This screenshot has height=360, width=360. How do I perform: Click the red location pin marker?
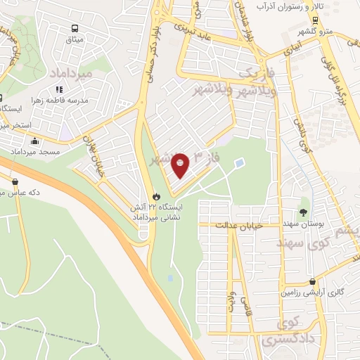coord(181,165)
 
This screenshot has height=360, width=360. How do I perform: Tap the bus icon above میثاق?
coord(74,29)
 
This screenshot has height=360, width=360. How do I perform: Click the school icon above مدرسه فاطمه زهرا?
coord(60,89)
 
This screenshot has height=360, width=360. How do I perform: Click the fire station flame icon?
coord(156,196)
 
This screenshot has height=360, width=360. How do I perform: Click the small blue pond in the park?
coord(240,164)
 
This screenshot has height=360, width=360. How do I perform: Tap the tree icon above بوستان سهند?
coord(303,212)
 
